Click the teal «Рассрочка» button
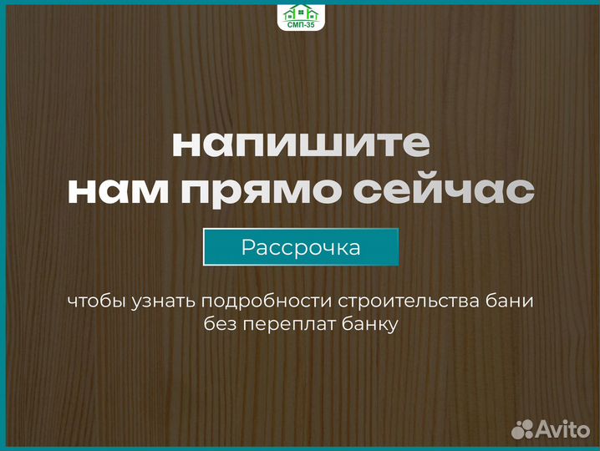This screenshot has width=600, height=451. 301,247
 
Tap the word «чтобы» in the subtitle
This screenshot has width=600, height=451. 97,300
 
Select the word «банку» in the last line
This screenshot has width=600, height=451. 370,323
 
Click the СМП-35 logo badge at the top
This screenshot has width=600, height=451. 300,17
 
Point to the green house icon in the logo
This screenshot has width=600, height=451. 300,12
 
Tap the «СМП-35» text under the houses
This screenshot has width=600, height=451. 300,26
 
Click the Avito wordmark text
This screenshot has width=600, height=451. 564,429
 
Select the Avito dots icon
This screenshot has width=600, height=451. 522,429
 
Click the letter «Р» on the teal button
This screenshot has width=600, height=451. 247,247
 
